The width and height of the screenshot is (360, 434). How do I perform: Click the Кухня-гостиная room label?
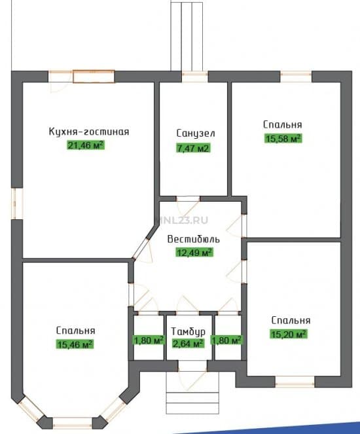click(x=89, y=132)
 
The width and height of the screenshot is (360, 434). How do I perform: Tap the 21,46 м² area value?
click(x=86, y=145)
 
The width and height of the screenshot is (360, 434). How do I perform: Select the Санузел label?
click(x=196, y=134)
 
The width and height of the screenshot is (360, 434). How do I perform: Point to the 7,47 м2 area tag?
click(x=193, y=148)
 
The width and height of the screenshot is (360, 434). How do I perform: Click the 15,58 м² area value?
click(x=283, y=138)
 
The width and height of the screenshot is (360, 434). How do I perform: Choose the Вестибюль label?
click(x=194, y=239)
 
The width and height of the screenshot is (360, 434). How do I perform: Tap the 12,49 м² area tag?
click(x=194, y=252)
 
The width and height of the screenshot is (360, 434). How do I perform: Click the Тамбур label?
click(x=188, y=332)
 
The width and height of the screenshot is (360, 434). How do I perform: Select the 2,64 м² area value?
click(x=188, y=344)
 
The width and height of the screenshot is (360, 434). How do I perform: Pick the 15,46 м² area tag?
click(x=75, y=344)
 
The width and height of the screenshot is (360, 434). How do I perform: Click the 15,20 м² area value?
click(x=289, y=334)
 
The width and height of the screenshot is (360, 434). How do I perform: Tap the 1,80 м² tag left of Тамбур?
click(x=149, y=340)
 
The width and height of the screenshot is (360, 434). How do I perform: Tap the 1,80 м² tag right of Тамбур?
click(x=227, y=340)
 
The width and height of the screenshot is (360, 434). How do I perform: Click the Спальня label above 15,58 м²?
click(x=283, y=124)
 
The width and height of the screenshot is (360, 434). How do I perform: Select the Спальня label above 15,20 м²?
click(x=291, y=320)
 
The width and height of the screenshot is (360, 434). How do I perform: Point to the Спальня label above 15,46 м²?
click(x=75, y=331)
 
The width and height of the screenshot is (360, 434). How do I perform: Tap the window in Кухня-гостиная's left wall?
click(x=17, y=204)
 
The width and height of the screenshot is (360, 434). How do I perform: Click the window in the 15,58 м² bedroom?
click(x=296, y=77)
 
